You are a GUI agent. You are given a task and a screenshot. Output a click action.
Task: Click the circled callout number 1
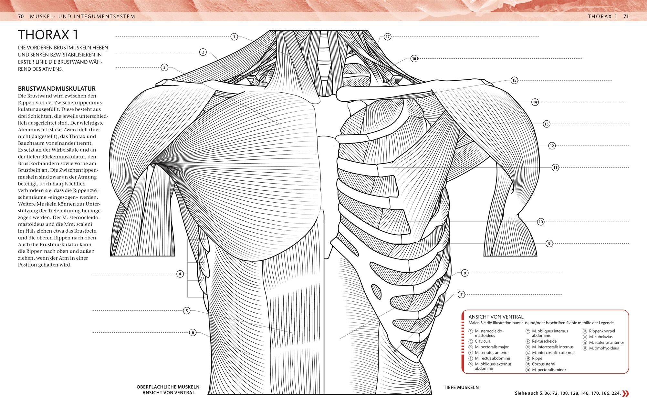pyautogui.click(x=234, y=37)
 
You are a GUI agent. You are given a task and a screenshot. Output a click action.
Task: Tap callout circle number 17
pyautogui.click(x=388, y=37)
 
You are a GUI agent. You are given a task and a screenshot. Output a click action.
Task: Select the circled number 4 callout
pyautogui.click(x=180, y=274)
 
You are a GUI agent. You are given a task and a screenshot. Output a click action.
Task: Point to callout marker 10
pyautogui.click(x=541, y=222)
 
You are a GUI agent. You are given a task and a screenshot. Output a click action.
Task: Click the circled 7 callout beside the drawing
pyautogui.click(x=461, y=294)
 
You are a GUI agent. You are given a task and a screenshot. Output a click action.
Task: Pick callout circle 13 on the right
pyautogui.click(x=546, y=124)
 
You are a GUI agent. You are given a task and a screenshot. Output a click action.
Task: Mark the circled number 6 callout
pyautogui.click(x=193, y=332)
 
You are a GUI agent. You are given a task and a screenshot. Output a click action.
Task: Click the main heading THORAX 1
pyautogui.click(x=48, y=35)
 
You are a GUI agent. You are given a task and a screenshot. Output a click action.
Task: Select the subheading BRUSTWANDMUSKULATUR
pyautogui.click(x=57, y=89)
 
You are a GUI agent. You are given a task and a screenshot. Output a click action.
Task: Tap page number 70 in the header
pyautogui.click(x=21, y=16)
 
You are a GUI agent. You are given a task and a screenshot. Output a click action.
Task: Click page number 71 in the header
pyautogui.click(x=626, y=16)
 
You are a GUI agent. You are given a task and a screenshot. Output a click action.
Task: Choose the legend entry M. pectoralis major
pyautogui.click(x=492, y=347)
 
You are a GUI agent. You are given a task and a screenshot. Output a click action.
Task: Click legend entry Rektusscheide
pyautogui.click(x=544, y=341)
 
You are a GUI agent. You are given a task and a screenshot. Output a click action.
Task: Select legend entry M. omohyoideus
pyautogui.click(x=604, y=348)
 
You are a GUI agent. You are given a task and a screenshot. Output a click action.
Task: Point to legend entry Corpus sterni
pyautogui.click(x=544, y=364)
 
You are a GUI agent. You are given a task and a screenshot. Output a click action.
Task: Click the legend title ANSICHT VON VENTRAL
pyautogui.click(x=496, y=317)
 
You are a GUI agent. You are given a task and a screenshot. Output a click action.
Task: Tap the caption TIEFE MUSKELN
pyautogui.click(x=461, y=388)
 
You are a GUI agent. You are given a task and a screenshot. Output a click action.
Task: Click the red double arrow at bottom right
pyautogui.click(x=626, y=393)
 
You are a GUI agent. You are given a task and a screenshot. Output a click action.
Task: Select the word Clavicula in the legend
pyautogui.click(x=483, y=341)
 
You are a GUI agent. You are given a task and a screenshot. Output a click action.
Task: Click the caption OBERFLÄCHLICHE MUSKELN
pyautogui.click(x=169, y=387)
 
